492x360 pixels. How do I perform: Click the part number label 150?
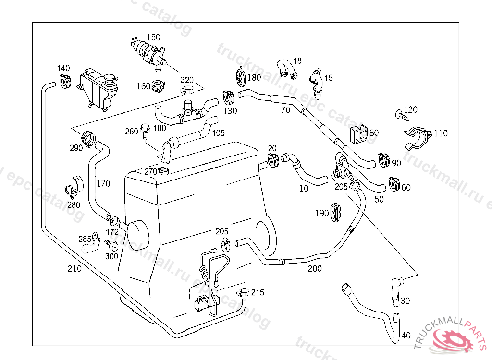tap(153, 37)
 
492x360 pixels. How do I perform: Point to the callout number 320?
tap(187, 80)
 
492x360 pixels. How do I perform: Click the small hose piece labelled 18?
tap(287, 69)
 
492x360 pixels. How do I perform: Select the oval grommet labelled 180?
tap(240, 77)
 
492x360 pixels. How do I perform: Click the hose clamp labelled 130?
tap(228, 98)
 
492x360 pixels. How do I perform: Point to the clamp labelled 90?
tap(384, 159)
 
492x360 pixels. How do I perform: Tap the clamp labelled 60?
tap(394, 183)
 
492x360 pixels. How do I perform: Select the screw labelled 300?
tap(114, 246)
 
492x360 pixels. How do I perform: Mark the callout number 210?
tap(74, 269)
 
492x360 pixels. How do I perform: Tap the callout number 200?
tap(315, 269)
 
